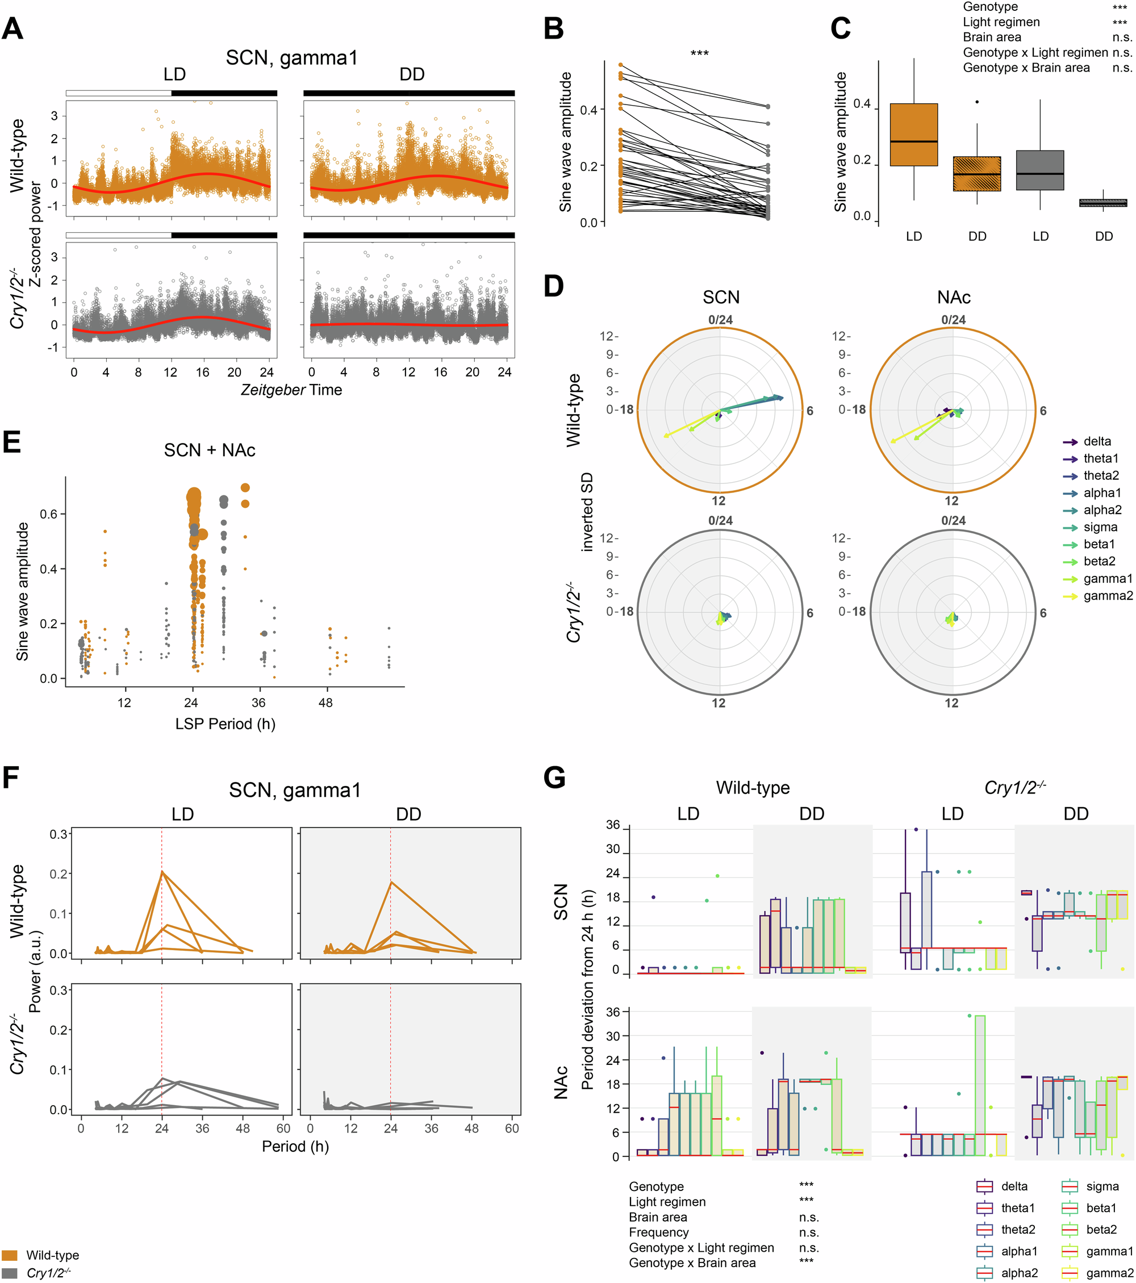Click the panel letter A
[x=12, y=29]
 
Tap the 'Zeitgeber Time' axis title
[x=291, y=390]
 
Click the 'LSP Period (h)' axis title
[x=225, y=724]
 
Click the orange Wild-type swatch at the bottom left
[x=10, y=1255]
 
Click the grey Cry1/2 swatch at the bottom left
[x=10, y=1272]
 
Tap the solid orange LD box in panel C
[x=914, y=135]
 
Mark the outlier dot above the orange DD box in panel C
[x=976, y=102]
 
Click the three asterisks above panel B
[x=699, y=53]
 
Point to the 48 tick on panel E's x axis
[x=325, y=703]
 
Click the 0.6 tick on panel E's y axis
[x=48, y=514]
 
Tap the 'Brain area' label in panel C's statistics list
[x=992, y=37]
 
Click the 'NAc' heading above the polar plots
[x=953, y=297]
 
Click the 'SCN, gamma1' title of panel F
[x=295, y=789]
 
